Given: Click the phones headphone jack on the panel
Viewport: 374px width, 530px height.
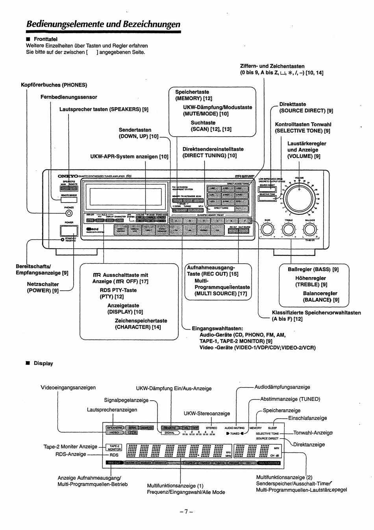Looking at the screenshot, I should tap(69, 213).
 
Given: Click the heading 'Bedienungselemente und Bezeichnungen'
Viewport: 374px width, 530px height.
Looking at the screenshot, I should tap(103, 24).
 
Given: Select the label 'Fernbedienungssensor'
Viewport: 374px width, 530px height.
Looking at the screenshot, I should tap(69, 97).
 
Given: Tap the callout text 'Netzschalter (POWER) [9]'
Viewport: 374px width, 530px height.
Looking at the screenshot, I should tap(43, 287).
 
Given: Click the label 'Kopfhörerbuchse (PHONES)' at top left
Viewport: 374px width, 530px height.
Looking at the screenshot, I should tap(54, 85).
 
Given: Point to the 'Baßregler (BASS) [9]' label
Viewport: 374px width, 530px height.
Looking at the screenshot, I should tap(313, 270).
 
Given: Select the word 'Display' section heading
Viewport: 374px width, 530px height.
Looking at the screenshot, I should tap(43, 363).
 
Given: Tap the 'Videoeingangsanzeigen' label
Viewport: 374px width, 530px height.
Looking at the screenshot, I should tap(68, 388).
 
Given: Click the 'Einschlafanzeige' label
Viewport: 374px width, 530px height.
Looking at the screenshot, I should tap(307, 418).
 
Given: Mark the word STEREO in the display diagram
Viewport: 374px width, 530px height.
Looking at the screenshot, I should tap(211, 428).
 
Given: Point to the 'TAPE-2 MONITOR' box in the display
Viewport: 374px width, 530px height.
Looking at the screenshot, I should tap(115, 447).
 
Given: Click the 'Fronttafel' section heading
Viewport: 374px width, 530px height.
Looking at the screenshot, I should tap(45, 39).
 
